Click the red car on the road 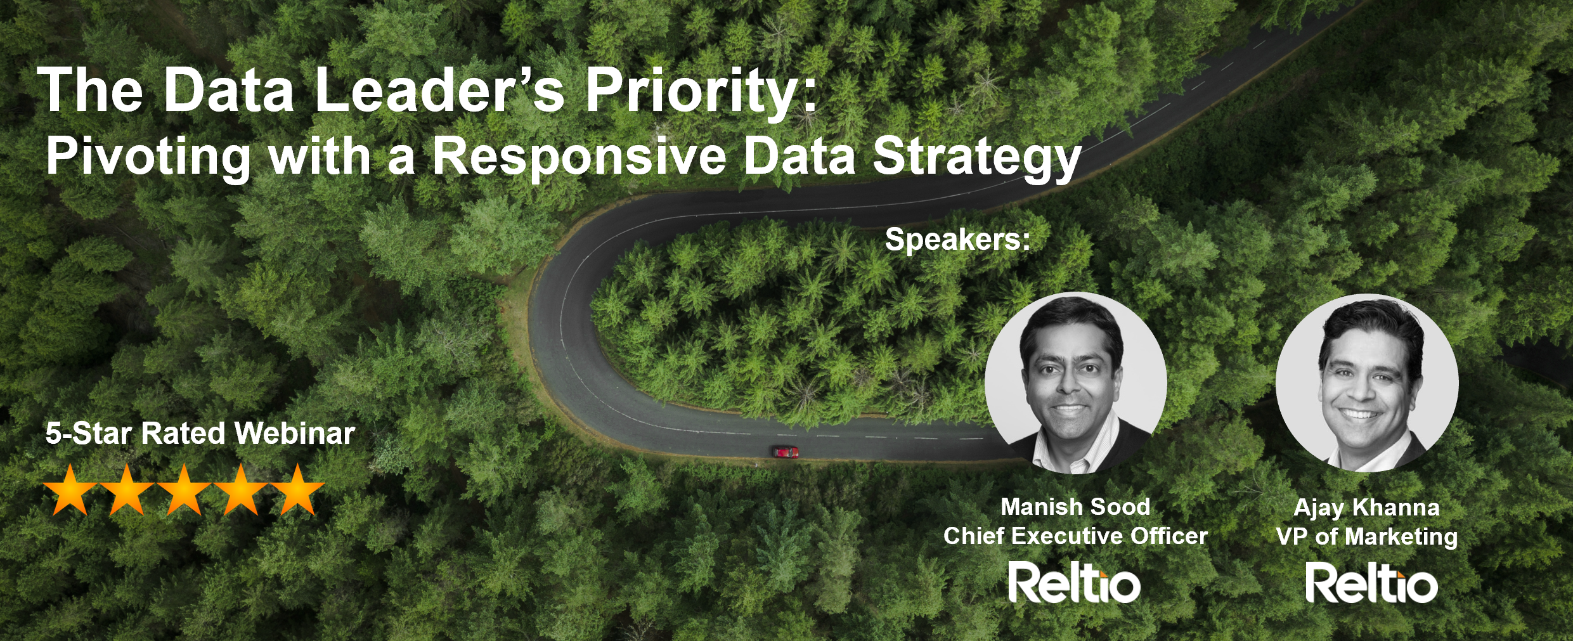coord(785,452)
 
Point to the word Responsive coord(579,158)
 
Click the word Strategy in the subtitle coord(977,158)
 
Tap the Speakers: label coord(957,240)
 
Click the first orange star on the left coord(70,489)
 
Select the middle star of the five coord(184,489)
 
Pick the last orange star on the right coord(297,489)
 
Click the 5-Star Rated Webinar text coord(200,434)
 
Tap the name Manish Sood coord(1075,507)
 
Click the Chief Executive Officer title coord(1075,536)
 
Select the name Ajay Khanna coord(1367,508)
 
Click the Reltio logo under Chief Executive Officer coord(1075,583)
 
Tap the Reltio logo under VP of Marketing coord(1371,583)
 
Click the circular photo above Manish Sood coord(1076,383)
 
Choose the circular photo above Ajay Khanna coord(1368,383)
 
